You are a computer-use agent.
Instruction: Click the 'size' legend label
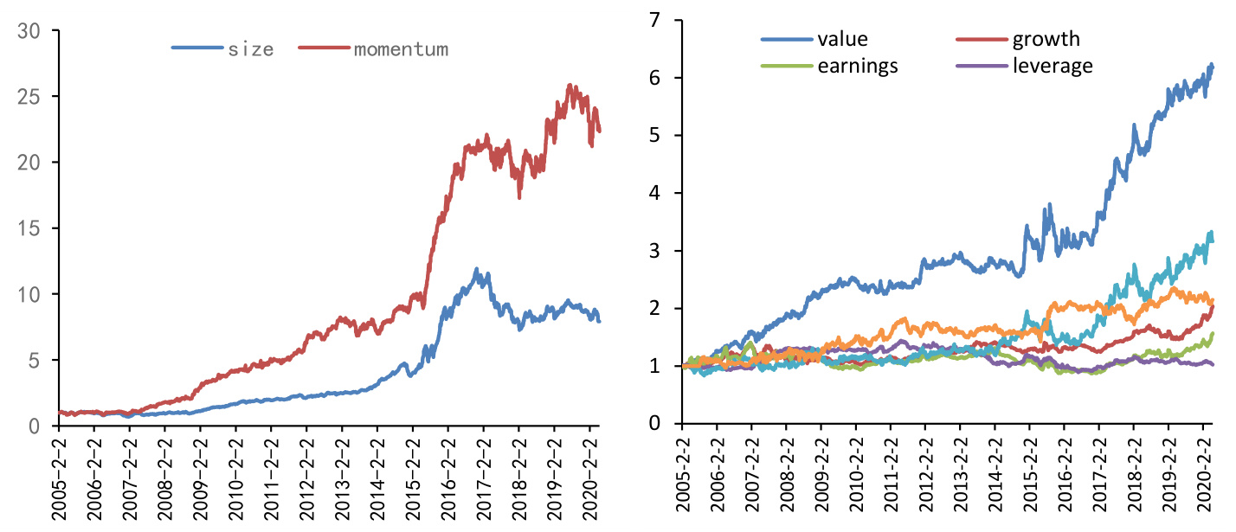point(251,49)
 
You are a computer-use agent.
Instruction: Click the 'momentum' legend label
point(401,49)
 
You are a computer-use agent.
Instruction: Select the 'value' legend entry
point(842,39)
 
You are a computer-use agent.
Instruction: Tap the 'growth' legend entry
point(1046,39)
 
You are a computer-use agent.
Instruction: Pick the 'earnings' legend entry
point(857,66)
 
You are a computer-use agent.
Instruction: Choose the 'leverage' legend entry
point(1053,66)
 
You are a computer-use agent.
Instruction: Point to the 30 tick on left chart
point(29,30)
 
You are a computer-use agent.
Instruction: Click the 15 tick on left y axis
point(29,228)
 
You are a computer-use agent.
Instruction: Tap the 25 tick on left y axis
point(29,96)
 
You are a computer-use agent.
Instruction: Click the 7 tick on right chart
point(658,20)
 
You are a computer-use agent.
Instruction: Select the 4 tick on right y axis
point(658,193)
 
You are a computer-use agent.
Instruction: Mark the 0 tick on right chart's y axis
point(658,424)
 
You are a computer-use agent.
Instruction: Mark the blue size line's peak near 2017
point(477,269)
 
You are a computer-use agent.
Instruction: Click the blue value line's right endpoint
point(1212,67)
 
